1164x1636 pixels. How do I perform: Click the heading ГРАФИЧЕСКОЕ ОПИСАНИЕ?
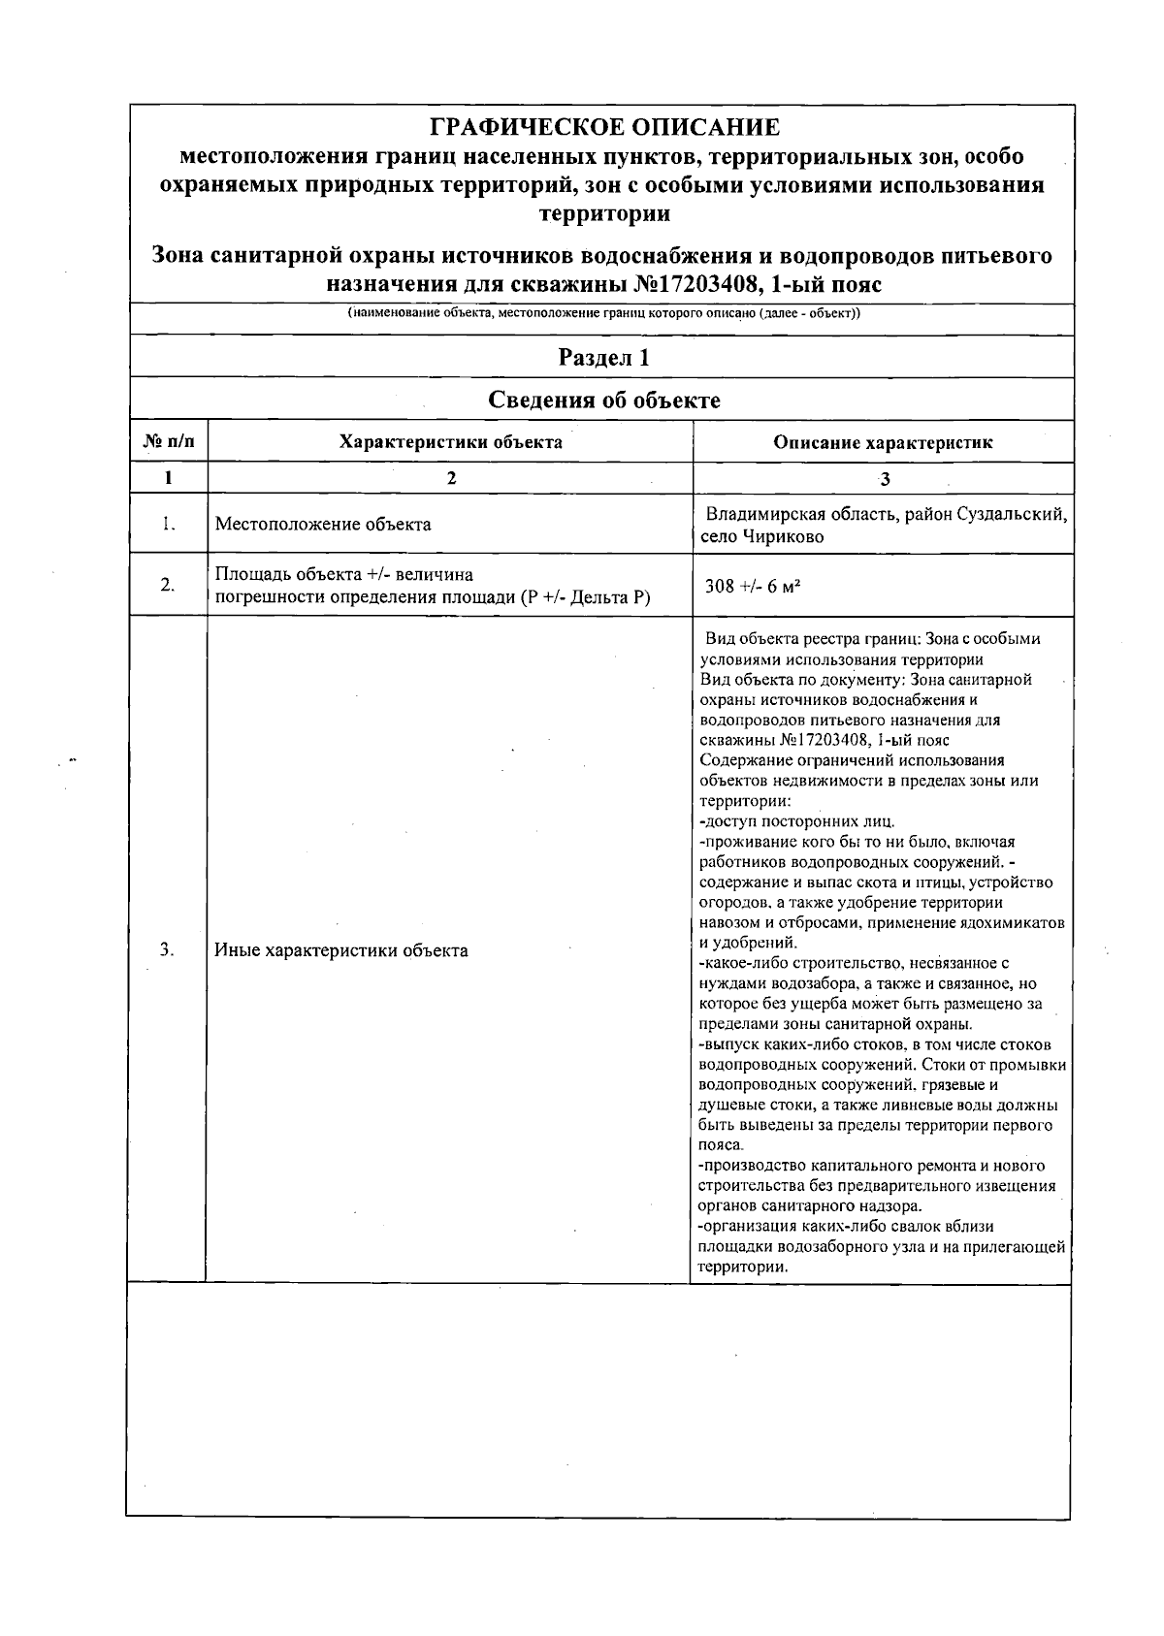tap(603, 127)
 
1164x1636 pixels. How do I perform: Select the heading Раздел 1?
tap(603, 358)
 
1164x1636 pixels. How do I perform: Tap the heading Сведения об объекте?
tap(603, 401)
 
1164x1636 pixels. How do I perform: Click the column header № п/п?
tap(169, 442)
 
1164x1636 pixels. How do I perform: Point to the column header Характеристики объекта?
tap(450, 442)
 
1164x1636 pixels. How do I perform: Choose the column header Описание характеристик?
tap(883, 443)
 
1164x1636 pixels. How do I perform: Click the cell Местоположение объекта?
tap(323, 525)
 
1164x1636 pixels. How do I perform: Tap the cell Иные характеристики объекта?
tap(341, 950)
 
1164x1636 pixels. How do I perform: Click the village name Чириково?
tap(781, 536)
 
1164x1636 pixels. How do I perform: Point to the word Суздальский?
tap(1013, 514)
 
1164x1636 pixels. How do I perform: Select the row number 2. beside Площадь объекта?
tap(167, 585)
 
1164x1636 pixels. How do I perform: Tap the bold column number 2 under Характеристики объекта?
tap(450, 478)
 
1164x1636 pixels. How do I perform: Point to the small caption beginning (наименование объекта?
tap(603, 314)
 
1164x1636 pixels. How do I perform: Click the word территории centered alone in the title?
tap(603, 213)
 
